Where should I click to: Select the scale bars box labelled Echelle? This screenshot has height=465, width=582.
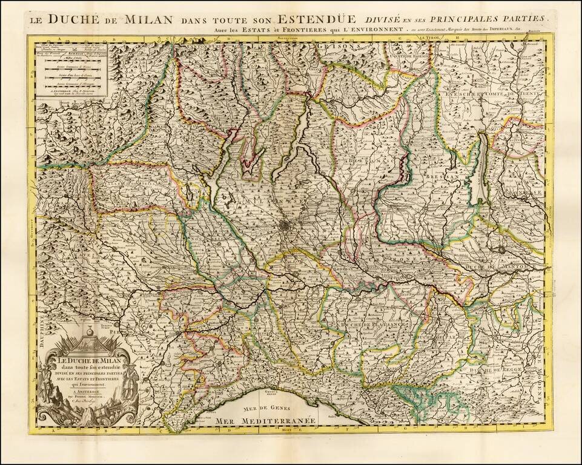pyautogui.click(x=71, y=70)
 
